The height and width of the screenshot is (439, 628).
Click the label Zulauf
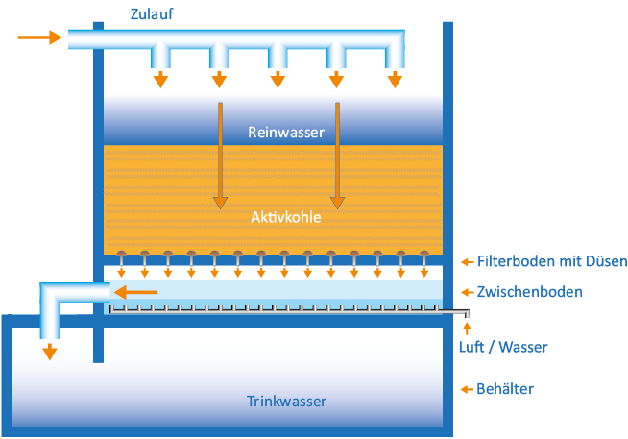(152, 14)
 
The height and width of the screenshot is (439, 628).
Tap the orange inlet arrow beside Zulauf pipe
(39, 37)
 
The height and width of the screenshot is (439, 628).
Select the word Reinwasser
(286, 133)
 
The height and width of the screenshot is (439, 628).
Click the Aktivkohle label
(286, 217)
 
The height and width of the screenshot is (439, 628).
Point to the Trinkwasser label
(286, 401)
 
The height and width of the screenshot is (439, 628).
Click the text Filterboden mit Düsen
(552, 261)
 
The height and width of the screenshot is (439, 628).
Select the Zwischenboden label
(529, 292)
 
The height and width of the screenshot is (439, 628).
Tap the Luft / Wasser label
(503, 347)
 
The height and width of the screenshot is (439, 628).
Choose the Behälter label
(505, 389)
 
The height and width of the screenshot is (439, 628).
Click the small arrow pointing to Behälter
(467, 389)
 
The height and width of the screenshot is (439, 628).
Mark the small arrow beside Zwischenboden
(467, 292)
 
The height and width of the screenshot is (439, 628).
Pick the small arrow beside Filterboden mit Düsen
(467, 262)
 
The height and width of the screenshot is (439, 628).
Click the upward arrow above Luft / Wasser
(467, 329)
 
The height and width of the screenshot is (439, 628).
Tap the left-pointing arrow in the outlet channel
(135, 292)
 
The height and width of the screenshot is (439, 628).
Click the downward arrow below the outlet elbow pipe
(50, 352)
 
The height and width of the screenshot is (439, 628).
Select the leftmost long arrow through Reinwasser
(220, 156)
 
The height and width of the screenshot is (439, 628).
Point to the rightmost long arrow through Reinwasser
(337, 156)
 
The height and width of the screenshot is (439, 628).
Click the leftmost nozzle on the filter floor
(121, 257)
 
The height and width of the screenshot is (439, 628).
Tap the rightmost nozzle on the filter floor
(424, 257)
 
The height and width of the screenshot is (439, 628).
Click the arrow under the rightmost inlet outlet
(395, 80)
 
